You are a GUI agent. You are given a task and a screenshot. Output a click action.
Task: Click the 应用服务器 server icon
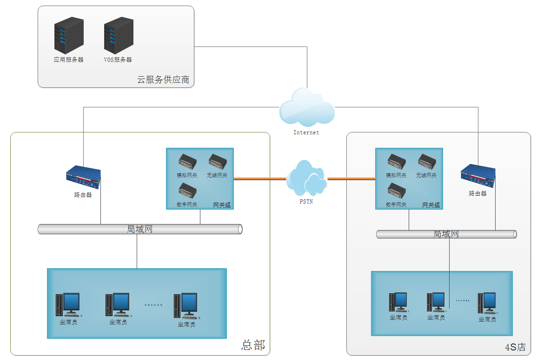[x=69, y=35]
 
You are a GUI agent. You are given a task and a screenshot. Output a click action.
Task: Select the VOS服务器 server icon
[x=119, y=35]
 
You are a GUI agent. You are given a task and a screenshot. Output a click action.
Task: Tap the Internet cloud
[x=306, y=108]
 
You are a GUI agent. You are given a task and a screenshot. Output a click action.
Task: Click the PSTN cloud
[x=306, y=178]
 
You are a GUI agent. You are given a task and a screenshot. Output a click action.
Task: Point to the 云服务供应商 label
[x=163, y=79]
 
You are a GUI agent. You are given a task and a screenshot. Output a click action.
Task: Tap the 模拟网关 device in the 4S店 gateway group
[x=396, y=162]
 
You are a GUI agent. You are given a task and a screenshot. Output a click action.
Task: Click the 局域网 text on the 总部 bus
[x=139, y=229]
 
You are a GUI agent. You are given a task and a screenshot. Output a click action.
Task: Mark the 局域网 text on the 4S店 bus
[x=446, y=234]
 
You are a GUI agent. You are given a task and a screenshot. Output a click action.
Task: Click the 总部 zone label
[x=253, y=345]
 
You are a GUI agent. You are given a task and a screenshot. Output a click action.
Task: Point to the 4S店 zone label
[x=515, y=347]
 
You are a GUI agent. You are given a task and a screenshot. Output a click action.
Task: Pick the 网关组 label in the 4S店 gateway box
[x=431, y=205]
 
